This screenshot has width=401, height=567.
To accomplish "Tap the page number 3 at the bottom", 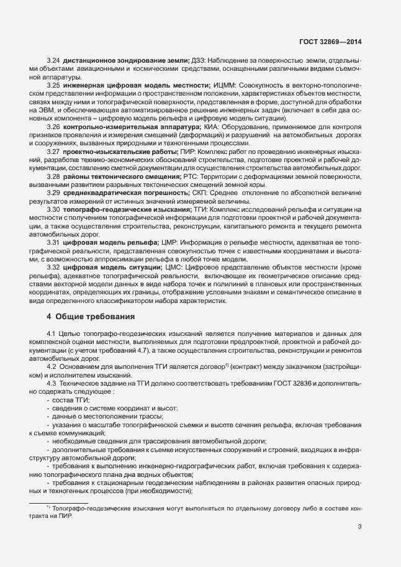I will pyautogui.click(x=359, y=527).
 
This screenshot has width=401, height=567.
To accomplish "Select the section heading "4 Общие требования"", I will pyautogui.click(x=91, y=317).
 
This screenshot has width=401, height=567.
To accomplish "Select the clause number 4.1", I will pyautogui.click(x=51, y=334).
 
